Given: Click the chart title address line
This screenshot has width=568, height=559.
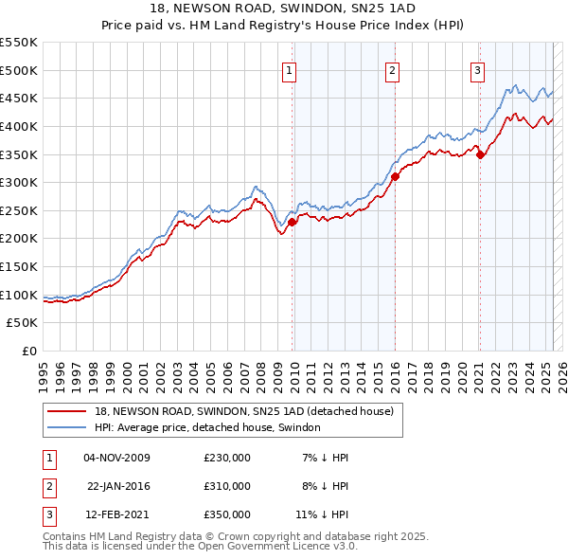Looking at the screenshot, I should pos(284,8).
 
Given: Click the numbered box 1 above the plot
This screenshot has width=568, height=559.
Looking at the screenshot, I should pos(288,69).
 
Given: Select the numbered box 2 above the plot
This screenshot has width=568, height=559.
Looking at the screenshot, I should pos(392,69).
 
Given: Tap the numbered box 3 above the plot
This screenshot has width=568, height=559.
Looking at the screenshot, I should pos(478,69).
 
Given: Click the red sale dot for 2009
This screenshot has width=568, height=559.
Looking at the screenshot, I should pos(293,222).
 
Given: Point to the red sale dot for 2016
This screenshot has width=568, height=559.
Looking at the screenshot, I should pos(395,177).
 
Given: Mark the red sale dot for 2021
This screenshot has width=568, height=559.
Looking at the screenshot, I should pos(480,154).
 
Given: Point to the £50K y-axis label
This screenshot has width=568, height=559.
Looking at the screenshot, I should pos(23,323).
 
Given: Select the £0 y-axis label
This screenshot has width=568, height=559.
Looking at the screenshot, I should pos(28,351).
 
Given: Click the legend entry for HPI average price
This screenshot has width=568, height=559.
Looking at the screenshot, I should pos(207,427).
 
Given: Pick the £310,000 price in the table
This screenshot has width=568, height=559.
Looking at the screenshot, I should pos(226,486).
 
